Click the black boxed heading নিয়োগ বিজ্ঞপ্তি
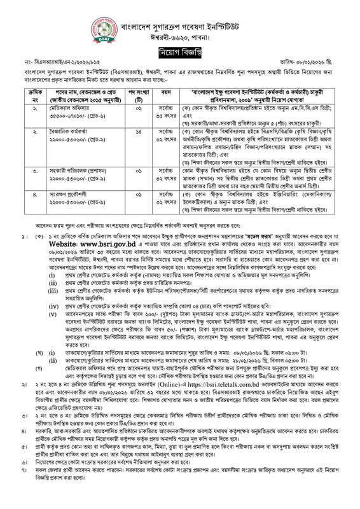coord(180,48)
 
